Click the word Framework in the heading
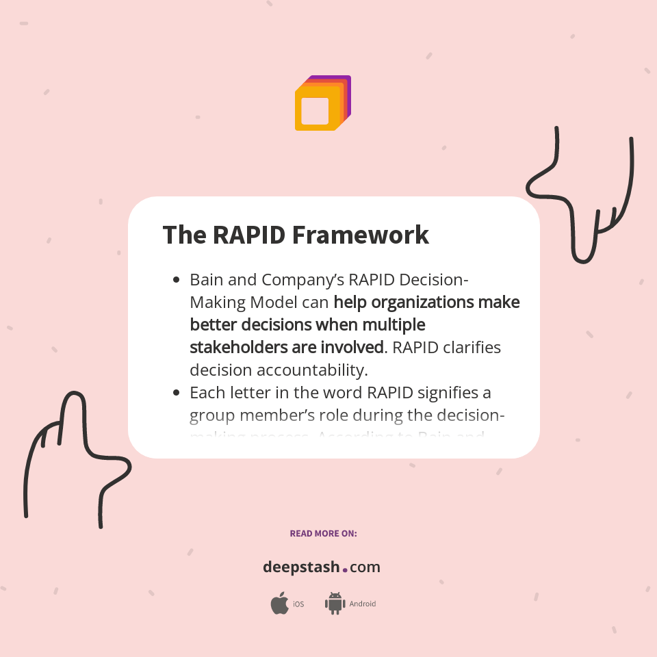(361, 235)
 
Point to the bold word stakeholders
(238, 347)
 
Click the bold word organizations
(424, 302)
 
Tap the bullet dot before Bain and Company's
(177, 280)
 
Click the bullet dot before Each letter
(177, 393)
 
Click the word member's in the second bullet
(283, 415)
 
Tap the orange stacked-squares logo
(322, 103)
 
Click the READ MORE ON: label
(323, 533)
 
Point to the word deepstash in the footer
(301, 567)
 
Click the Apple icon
(279, 604)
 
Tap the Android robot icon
(335, 604)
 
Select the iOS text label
(298, 604)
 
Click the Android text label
(363, 604)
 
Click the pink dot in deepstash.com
(345, 569)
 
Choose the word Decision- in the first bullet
(434, 280)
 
